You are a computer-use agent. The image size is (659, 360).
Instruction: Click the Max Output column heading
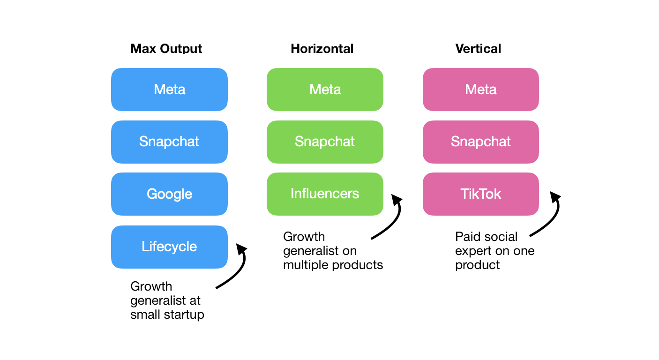click(166, 49)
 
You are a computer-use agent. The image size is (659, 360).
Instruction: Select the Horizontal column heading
click(322, 49)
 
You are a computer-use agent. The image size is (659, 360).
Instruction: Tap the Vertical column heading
click(478, 49)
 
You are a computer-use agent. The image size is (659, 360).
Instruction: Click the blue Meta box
click(170, 90)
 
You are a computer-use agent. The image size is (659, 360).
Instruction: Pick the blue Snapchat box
click(170, 142)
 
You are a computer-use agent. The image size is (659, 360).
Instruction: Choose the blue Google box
click(170, 194)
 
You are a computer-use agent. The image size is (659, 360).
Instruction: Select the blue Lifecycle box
click(170, 247)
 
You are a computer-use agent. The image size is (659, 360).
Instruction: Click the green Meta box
click(325, 90)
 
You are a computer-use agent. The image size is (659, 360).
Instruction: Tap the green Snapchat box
click(325, 142)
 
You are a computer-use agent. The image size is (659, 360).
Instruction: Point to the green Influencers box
click(325, 194)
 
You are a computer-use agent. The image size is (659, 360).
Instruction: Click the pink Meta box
click(481, 90)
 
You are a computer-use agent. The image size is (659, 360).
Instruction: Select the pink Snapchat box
click(481, 142)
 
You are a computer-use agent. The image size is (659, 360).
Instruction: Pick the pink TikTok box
click(481, 194)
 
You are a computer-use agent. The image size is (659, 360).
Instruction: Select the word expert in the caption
click(474, 251)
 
